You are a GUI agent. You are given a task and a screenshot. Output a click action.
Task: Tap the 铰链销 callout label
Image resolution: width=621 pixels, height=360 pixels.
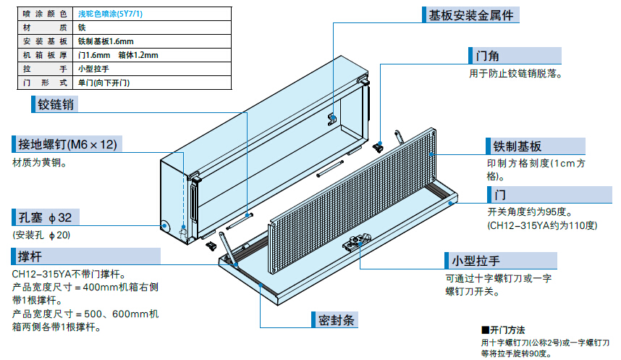pos(56,105)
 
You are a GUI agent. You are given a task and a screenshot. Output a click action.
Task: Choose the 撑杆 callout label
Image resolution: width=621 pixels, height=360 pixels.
pos(30,257)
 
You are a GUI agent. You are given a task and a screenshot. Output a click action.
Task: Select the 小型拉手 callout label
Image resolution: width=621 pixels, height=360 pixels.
pos(476,260)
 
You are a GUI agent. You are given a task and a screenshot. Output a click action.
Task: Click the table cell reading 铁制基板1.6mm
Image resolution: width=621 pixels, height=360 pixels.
pos(105,41)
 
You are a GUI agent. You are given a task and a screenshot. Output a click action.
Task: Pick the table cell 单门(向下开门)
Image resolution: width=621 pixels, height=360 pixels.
pos(104,83)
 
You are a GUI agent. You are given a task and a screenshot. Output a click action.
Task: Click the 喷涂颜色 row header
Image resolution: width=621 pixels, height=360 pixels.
pos(40,13)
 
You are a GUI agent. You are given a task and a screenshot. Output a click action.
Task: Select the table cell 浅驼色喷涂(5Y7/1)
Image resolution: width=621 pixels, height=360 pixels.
pos(111,13)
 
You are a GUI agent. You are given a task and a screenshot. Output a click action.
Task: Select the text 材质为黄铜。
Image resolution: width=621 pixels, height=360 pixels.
pos(39,163)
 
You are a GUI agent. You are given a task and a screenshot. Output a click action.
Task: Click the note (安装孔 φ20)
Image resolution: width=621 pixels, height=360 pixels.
pos(41,235)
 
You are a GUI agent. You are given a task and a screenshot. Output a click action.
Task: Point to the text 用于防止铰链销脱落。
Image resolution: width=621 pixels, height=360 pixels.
pos(515,73)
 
